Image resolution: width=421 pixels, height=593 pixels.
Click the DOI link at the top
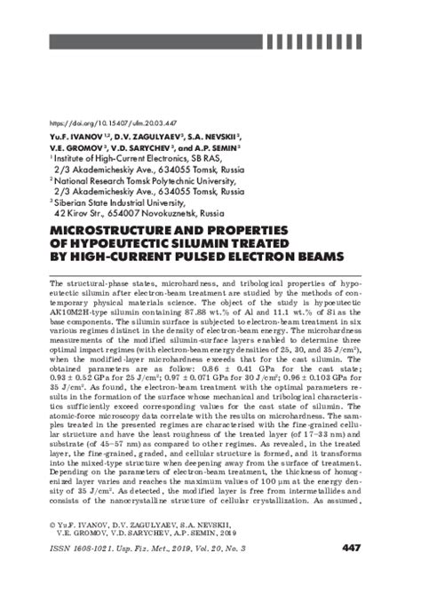tap(99, 123)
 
